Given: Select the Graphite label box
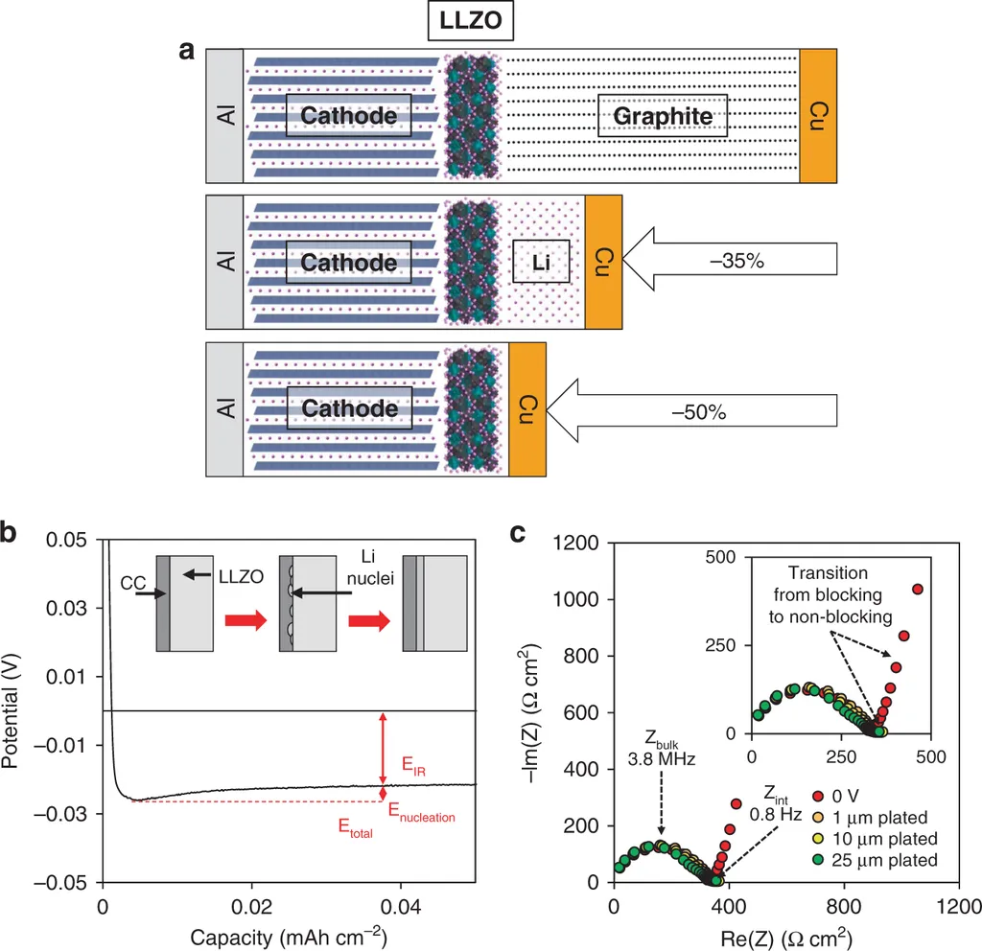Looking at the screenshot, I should (663, 116).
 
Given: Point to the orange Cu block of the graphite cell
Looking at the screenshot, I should (818, 115).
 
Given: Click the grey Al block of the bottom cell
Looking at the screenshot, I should (224, 409).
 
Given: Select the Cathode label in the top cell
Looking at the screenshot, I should (348, 115).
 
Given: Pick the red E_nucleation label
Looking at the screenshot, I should (421, 816).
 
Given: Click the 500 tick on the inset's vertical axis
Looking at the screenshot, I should (724, 557).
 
